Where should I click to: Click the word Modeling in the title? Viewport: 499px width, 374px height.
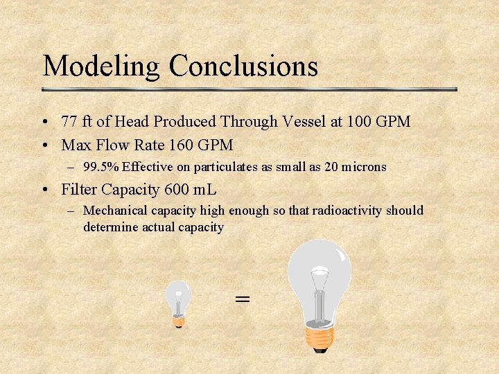102,66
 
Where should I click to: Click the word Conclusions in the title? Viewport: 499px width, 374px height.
243,66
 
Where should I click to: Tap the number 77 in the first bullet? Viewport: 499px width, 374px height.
69,122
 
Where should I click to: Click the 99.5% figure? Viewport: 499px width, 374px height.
100,167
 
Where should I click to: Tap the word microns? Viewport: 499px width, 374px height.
362,167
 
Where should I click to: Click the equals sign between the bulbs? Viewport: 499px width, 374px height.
242,299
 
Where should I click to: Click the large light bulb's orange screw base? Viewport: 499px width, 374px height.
319,337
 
